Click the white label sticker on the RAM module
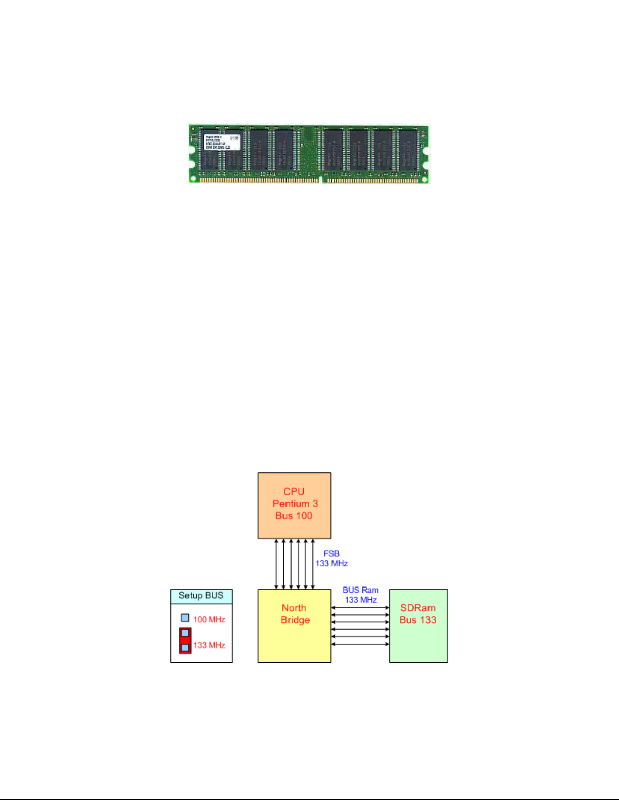222,142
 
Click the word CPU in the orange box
294,492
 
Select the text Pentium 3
295,504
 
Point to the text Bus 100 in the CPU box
294,516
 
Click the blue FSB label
331,554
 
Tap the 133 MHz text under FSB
331,563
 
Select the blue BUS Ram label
360,590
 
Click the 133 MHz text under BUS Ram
361,600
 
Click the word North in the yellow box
294,608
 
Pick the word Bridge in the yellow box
295,620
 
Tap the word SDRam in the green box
418,608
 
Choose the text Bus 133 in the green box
418,620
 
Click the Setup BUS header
201,596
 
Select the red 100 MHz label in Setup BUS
209,619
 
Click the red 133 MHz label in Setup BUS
209,645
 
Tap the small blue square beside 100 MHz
185,618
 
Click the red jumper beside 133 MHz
185,641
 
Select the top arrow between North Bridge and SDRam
360,608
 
